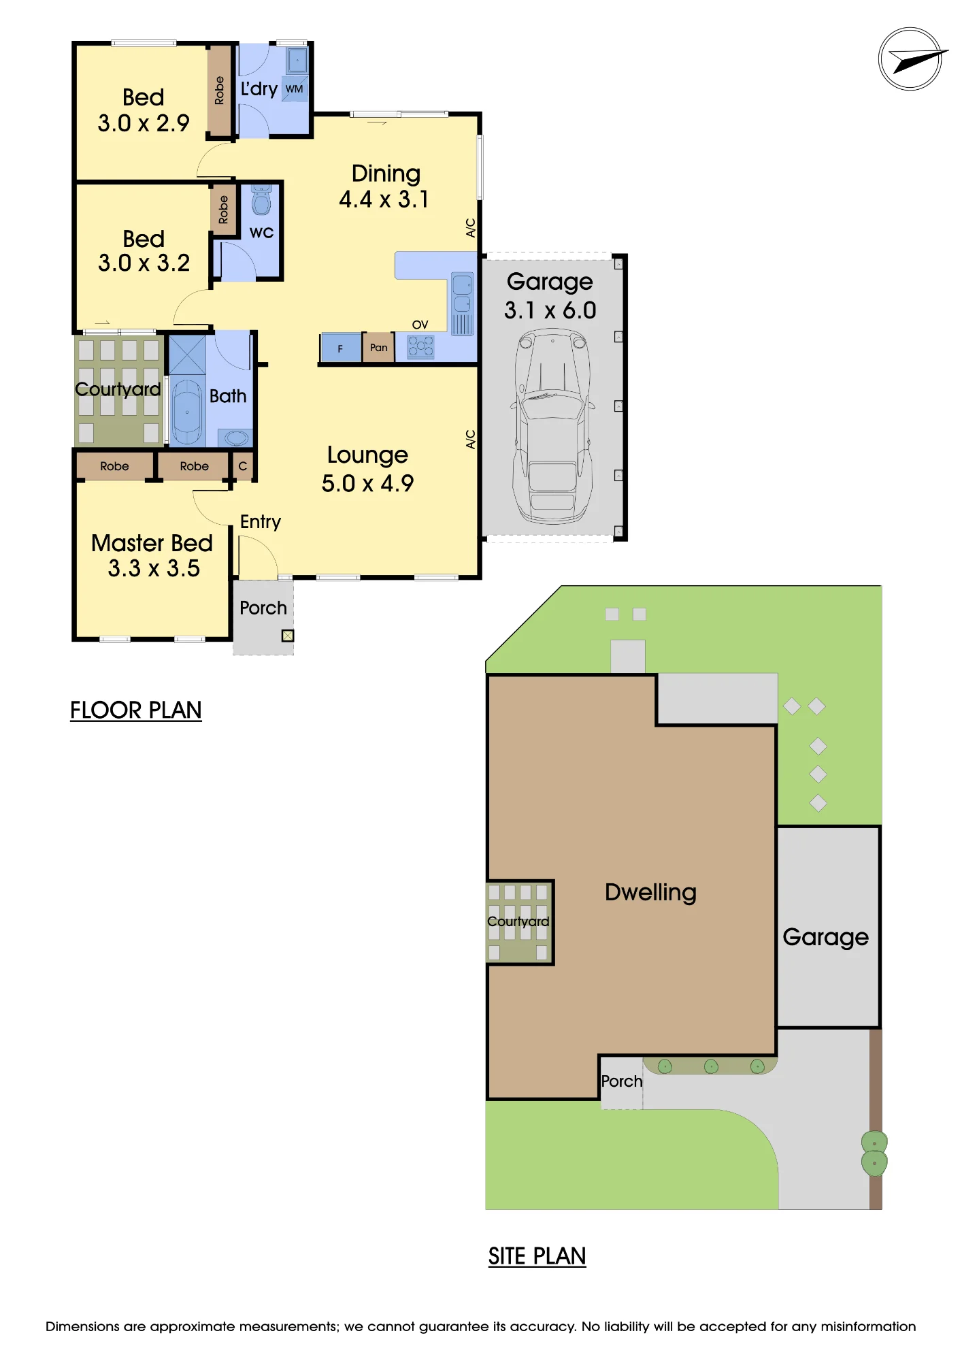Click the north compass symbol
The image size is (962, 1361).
(910, 59)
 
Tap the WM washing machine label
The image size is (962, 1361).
(294, 89)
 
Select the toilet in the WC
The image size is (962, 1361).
(261, 199)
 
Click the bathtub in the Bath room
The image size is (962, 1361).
(186, 412)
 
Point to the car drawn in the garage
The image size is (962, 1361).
(552, 426)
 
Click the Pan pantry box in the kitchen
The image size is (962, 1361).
(379, 348)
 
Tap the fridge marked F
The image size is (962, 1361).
(341, 348)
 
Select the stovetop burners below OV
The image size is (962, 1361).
(420, 347)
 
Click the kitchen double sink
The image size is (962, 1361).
(462, 293)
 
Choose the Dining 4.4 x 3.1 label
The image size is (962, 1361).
(385, 186)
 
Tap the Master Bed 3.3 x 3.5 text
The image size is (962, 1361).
(152, 555)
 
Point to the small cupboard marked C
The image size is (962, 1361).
(243, 466)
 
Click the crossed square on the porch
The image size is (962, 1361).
(288, 636)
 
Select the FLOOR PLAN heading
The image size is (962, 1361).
(136, 710)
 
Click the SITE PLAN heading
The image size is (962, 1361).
(537, 1256)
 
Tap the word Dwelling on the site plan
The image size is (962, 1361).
(650, 892)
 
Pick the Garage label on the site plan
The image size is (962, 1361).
(826, 938)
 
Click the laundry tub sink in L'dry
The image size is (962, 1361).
(297, 60)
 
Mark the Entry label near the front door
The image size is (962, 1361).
(261, 522)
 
